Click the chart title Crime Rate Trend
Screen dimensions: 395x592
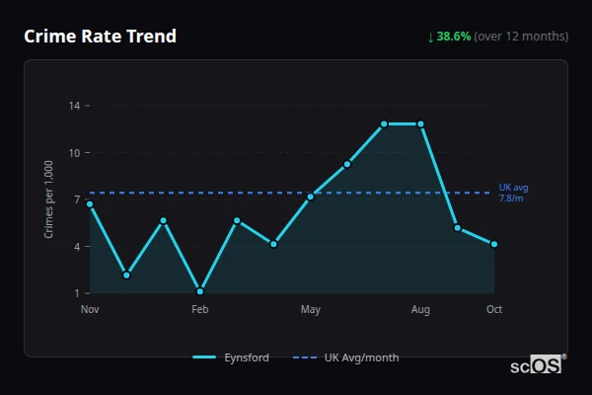click(101, 37)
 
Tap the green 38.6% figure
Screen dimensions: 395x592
click(454, 37)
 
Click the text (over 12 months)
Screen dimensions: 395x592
click(521, 37)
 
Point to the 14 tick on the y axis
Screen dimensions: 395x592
click(75, 106)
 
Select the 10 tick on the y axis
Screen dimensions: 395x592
click(75, 153)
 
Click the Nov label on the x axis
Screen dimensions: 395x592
click(90, 310)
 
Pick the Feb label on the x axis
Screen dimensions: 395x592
click(200, 310)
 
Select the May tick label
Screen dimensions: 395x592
click(311, 310)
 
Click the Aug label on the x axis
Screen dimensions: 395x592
click(420, 310)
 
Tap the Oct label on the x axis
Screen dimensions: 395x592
click(494, 310)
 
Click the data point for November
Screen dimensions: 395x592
click(90, 204)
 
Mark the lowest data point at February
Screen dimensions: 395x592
click(200, 291)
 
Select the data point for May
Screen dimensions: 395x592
click(311, 197)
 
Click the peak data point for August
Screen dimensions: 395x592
click(420, 124)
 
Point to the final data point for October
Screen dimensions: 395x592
click(494, 244)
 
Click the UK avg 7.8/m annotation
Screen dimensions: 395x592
click(514, 193)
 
